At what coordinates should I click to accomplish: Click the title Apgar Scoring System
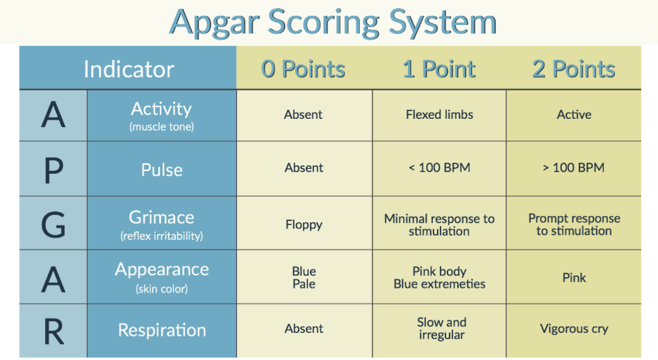333,22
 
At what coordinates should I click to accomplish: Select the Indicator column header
129,69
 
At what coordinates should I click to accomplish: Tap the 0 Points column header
303,69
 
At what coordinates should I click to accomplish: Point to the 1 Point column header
439,69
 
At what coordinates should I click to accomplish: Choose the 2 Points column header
574,69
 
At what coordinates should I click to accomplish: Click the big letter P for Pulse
54,171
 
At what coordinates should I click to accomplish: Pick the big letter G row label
54,225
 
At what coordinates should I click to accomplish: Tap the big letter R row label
54,332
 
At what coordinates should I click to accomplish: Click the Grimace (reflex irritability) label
162,225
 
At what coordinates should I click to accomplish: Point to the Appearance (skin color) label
162,277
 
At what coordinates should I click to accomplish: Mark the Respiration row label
162,330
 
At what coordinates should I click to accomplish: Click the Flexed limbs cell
439,115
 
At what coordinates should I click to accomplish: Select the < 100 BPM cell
439,167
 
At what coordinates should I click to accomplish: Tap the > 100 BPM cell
574,167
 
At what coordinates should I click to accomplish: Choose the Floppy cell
304,224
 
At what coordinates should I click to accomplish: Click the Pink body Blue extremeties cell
439,277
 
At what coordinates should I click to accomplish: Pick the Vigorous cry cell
574,329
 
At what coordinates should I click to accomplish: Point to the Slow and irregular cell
441,328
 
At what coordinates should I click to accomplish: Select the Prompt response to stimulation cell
574,224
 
